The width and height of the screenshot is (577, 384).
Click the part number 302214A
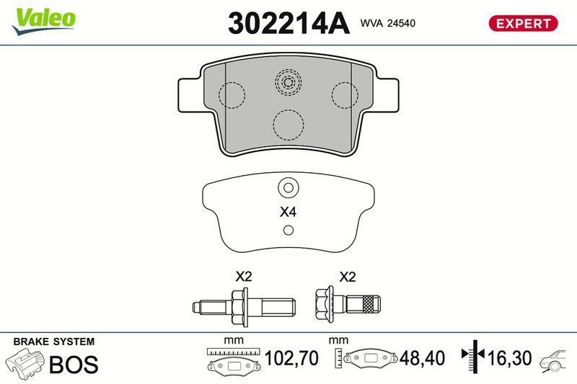(288, 23)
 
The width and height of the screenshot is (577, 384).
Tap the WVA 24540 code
(387, 23)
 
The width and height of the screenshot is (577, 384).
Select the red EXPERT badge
(523, 23)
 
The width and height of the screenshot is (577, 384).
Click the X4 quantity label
(288, 212)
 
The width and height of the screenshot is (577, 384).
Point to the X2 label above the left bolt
(244, 276)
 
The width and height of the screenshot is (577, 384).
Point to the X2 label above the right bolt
(348, 277)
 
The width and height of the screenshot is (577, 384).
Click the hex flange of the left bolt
(239, 306)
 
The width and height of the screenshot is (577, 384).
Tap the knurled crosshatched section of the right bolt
(368, 304)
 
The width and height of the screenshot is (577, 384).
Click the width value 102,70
(291, 358)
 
